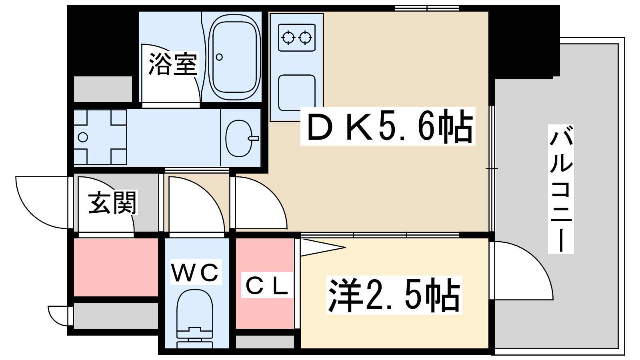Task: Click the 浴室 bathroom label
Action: pos(173,64)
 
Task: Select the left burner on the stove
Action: pos(288,38)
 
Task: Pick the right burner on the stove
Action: pos(305,38)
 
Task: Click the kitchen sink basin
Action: pos(296,92)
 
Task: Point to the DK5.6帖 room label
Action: pos(388,126)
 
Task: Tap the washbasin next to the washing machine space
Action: pos(240,138)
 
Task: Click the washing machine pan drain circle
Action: pos(83,137)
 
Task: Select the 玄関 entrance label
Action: pos(113,203)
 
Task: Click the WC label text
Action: pos(196,273)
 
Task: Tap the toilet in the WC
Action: pos(195,316)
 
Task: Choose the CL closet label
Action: pos(267,286)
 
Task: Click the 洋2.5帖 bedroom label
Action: pos(394,295)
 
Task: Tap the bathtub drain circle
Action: pos(219,57)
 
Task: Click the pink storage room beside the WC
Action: pos(116,267)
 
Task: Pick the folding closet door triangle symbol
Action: pos(320,247)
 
